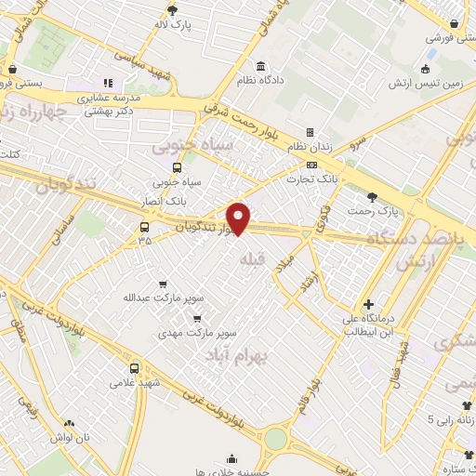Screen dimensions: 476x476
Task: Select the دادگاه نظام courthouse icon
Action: tap(260, 67)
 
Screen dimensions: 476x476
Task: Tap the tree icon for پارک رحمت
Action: tap(373, 197)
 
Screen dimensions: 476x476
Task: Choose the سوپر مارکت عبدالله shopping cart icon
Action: tap(164, 284)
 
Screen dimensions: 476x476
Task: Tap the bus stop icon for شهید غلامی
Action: tap(134, 367)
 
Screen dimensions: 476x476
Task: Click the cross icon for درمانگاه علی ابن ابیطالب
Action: tap(369, 304)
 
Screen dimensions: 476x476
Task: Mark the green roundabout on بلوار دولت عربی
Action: tap(276, 438)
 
